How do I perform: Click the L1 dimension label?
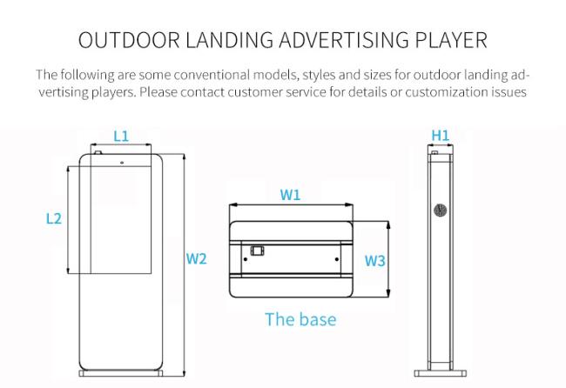tap(121, 137)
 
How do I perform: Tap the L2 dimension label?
tap(54, 218)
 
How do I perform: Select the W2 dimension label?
tap(197, 258)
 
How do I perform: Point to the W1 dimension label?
tap(290, 195)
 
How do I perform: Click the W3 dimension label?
tap(375, 260)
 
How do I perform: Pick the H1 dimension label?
tap(441, 136)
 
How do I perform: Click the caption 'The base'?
tap(300, 319)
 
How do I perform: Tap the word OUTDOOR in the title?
tap(129, 40)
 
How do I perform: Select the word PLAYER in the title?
tap(451, 40)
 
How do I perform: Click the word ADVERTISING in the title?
tap(344, 40)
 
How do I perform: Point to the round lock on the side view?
tap(441, 210)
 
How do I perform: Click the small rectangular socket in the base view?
tap(258, 251)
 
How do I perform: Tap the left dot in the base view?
tap(246, 259)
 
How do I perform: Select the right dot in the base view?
tap(337, 259)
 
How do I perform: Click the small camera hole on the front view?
tap(122, 163)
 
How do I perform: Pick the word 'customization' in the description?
tap(447, 92)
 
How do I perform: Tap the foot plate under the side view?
tap(441, 373)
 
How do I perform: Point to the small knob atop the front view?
tap(98, 152)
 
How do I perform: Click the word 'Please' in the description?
tap(158, 92)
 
